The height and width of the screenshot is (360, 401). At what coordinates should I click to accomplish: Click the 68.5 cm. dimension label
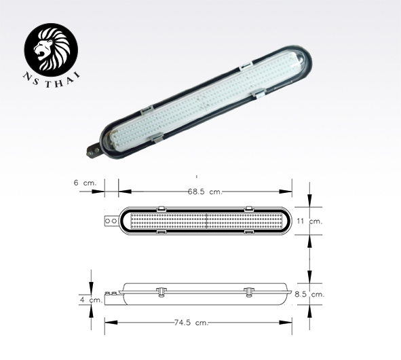pos(206,192)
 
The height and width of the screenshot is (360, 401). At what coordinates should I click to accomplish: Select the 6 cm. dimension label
pos(85,182)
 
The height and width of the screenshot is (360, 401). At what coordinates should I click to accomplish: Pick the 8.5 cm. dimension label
pos(310,294)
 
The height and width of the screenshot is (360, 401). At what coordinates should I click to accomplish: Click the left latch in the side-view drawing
pos(161,291)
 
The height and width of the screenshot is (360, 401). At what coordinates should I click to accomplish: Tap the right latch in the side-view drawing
pos(248,291)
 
